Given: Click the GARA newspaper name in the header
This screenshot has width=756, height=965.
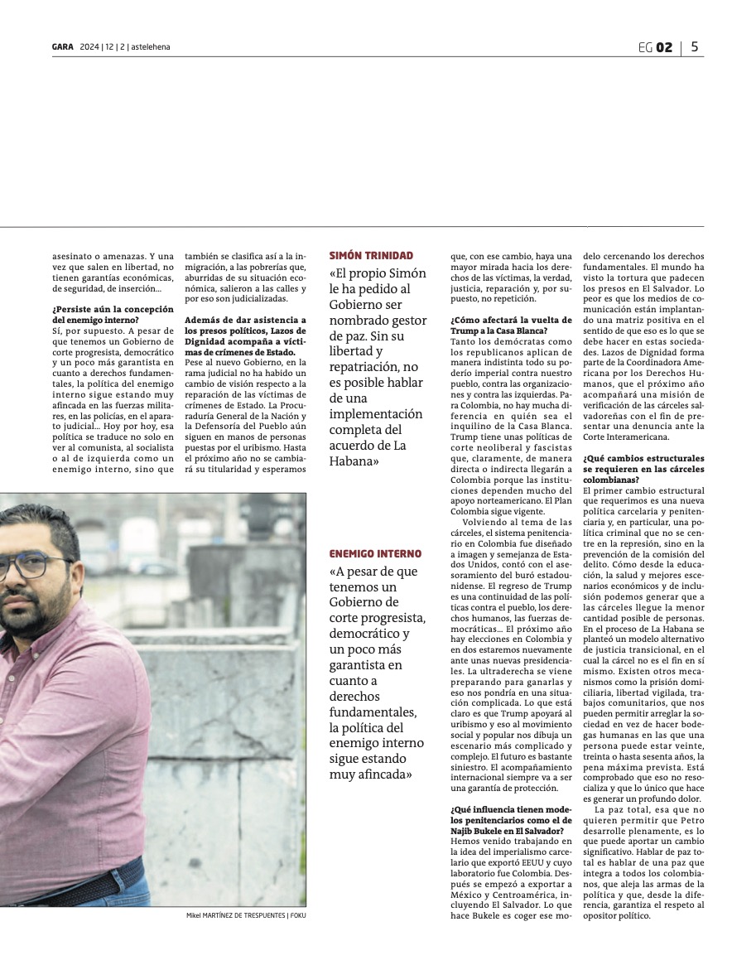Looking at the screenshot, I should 63,47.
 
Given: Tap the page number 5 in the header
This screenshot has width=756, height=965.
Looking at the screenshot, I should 694,47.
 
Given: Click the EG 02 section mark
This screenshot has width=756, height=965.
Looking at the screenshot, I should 655,47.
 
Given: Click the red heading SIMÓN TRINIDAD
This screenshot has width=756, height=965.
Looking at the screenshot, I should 371,256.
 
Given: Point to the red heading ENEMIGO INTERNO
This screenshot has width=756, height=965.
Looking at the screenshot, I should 375,553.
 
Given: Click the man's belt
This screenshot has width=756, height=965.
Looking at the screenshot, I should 75,878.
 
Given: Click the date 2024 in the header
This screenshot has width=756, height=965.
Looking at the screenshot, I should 89,47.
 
